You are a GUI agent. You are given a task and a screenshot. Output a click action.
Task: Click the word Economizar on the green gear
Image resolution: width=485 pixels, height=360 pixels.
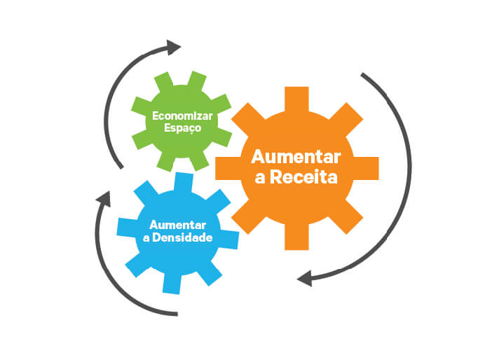(x=182, y=116)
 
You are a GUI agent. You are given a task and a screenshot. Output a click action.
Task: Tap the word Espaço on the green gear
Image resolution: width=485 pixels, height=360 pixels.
(x=182, y=128)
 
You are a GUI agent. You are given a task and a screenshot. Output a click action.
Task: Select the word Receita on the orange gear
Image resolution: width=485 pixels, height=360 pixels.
(x=303, y=177)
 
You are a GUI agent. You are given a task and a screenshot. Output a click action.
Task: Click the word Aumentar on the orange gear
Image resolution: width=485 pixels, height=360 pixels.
(x=296, y=157)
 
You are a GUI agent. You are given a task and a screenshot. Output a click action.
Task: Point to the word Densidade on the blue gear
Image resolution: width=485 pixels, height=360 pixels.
(x=182, y=237)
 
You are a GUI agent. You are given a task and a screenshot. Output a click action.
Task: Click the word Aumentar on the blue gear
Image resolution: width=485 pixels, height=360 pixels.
(x=177, y=225)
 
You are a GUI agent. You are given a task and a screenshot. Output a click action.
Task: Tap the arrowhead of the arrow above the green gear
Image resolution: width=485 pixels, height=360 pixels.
(x=173, y=48)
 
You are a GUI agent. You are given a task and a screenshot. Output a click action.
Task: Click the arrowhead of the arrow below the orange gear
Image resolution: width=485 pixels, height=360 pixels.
(x=305, y=279)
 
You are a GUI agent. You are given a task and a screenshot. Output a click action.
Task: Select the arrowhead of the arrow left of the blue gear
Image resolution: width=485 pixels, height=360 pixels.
(x=104, y=199)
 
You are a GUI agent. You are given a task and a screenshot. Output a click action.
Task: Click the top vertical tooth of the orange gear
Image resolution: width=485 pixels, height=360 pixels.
(x=296, y=99)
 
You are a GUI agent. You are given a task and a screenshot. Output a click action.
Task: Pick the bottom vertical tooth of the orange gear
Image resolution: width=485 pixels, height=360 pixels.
(x=296, y=237)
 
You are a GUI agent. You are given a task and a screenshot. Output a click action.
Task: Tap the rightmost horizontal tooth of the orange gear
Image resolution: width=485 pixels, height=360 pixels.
(x=366, y=168)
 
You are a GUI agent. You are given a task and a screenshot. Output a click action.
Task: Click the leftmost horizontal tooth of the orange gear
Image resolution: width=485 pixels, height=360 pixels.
(x=228, y=168)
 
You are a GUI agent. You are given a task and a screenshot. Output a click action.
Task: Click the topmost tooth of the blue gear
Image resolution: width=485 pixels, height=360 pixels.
(x=184, y=183)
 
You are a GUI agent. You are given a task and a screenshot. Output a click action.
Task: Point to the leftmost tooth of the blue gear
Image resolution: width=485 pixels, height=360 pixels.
(x=127, y=228)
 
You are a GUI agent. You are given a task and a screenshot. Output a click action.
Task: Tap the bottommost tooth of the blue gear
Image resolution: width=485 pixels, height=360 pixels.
(x=172, y=284)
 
